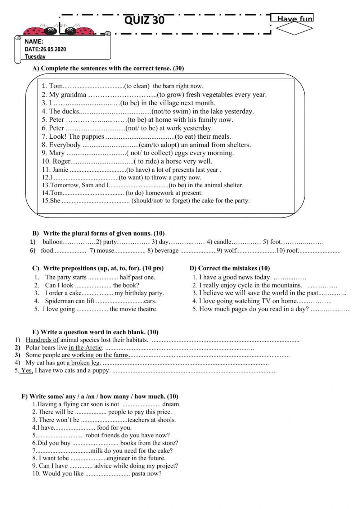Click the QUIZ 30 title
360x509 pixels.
point(144,20)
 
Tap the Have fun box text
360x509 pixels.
point(294,19)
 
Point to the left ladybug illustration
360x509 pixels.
point(38,30)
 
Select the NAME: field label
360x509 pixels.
point(34,42)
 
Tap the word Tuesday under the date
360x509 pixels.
point(35,57)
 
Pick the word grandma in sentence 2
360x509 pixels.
point(74,95)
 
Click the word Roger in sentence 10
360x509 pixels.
point(62,161)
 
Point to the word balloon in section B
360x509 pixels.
point(53,242)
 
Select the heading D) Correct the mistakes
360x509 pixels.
point(229,268)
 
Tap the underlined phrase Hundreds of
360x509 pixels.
point(42,340)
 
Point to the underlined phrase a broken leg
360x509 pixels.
point(83,363)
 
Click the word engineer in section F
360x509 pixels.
point(119,458)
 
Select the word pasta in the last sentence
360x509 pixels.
point(139,474)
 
